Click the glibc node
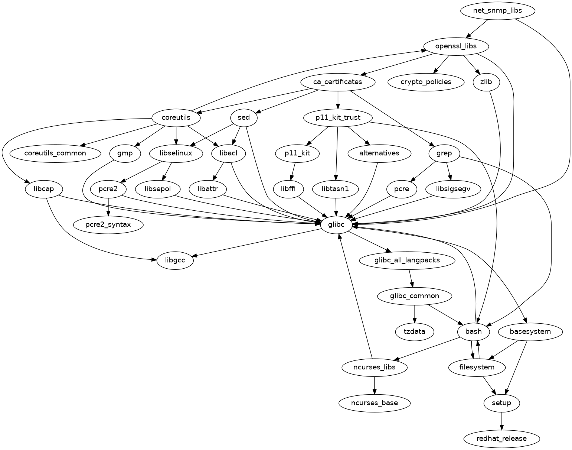[336, 225]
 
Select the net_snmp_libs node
[497, 10]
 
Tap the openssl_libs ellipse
[456, 46]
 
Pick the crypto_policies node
[426, 82]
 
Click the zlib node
[486, 82]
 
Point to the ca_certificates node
[337, 82]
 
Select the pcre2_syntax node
[108, 225]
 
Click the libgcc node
[175, 260]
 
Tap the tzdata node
[415, 331]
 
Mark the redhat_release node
[501, 438]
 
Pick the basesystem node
[530, 331]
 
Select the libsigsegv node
[453, 189]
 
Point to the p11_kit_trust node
[337, 118]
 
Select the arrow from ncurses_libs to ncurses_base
[375, 385]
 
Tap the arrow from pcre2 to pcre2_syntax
[108, 207]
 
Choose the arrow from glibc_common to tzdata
[415, 314]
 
